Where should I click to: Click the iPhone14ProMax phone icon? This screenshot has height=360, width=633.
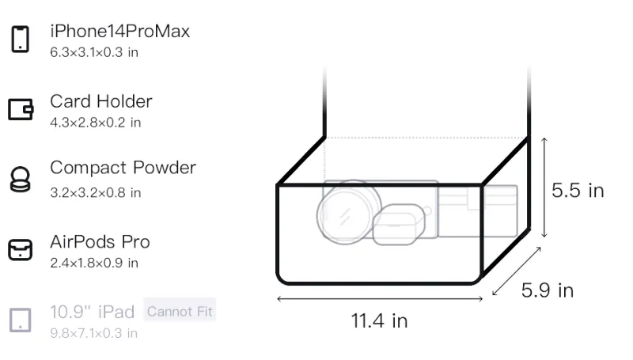[21, 39]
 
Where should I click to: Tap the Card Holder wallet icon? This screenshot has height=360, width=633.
[21, 109]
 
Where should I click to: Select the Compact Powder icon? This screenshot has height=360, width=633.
[20, 179]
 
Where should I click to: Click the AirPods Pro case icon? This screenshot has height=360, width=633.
[21, 250]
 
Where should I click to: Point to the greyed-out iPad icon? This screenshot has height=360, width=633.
[21, 320]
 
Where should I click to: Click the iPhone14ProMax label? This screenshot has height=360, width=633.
[120, 31]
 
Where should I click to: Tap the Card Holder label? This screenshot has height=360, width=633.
[101, 101]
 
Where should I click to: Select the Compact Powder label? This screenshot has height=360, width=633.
[123, 168]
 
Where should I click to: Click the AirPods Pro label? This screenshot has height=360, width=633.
[100, 242]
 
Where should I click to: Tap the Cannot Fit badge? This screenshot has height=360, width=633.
[180, 311]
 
